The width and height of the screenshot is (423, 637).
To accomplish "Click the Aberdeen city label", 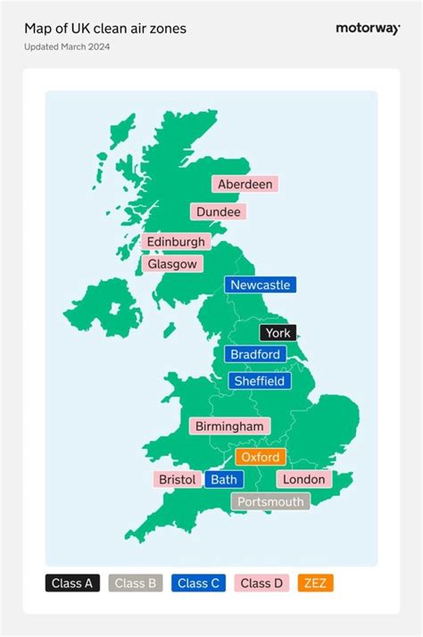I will tap(245, 184).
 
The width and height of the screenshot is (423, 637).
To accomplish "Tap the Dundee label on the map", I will tap(218, 211).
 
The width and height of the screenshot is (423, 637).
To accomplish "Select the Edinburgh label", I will tap(176, 242).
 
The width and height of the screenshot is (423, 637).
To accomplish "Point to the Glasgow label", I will tap(171, 264).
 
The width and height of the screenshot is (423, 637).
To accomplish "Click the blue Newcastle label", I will tap(260, 285).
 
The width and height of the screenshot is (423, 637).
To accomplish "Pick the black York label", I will tap(278, 333).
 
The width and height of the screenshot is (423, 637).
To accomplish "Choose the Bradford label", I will tap(255, 354).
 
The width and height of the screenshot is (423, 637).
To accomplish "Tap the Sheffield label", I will tap(259, 381).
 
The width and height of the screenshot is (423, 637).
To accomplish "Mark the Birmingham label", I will tap(229, 426).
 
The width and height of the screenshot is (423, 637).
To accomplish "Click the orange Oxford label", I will tap(261, 457).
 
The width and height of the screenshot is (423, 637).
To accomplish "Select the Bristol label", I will tap(177, 479).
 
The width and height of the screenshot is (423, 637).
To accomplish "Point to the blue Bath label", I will tap(224, 479).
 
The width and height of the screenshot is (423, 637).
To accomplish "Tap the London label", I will tap(303, 479).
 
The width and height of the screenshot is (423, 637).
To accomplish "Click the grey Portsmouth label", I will tap(271, 501).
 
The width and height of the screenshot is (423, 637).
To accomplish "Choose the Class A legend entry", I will tap(73, 583).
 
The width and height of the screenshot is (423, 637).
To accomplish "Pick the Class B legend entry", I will tap(136, 583).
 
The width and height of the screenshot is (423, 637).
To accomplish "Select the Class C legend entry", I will tap(198, 583).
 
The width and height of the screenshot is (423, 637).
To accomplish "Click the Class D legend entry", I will tap(261, 583).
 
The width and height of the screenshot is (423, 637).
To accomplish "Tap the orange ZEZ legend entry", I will tap(316, 583).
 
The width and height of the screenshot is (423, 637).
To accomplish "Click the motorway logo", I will tap(367, 29).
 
